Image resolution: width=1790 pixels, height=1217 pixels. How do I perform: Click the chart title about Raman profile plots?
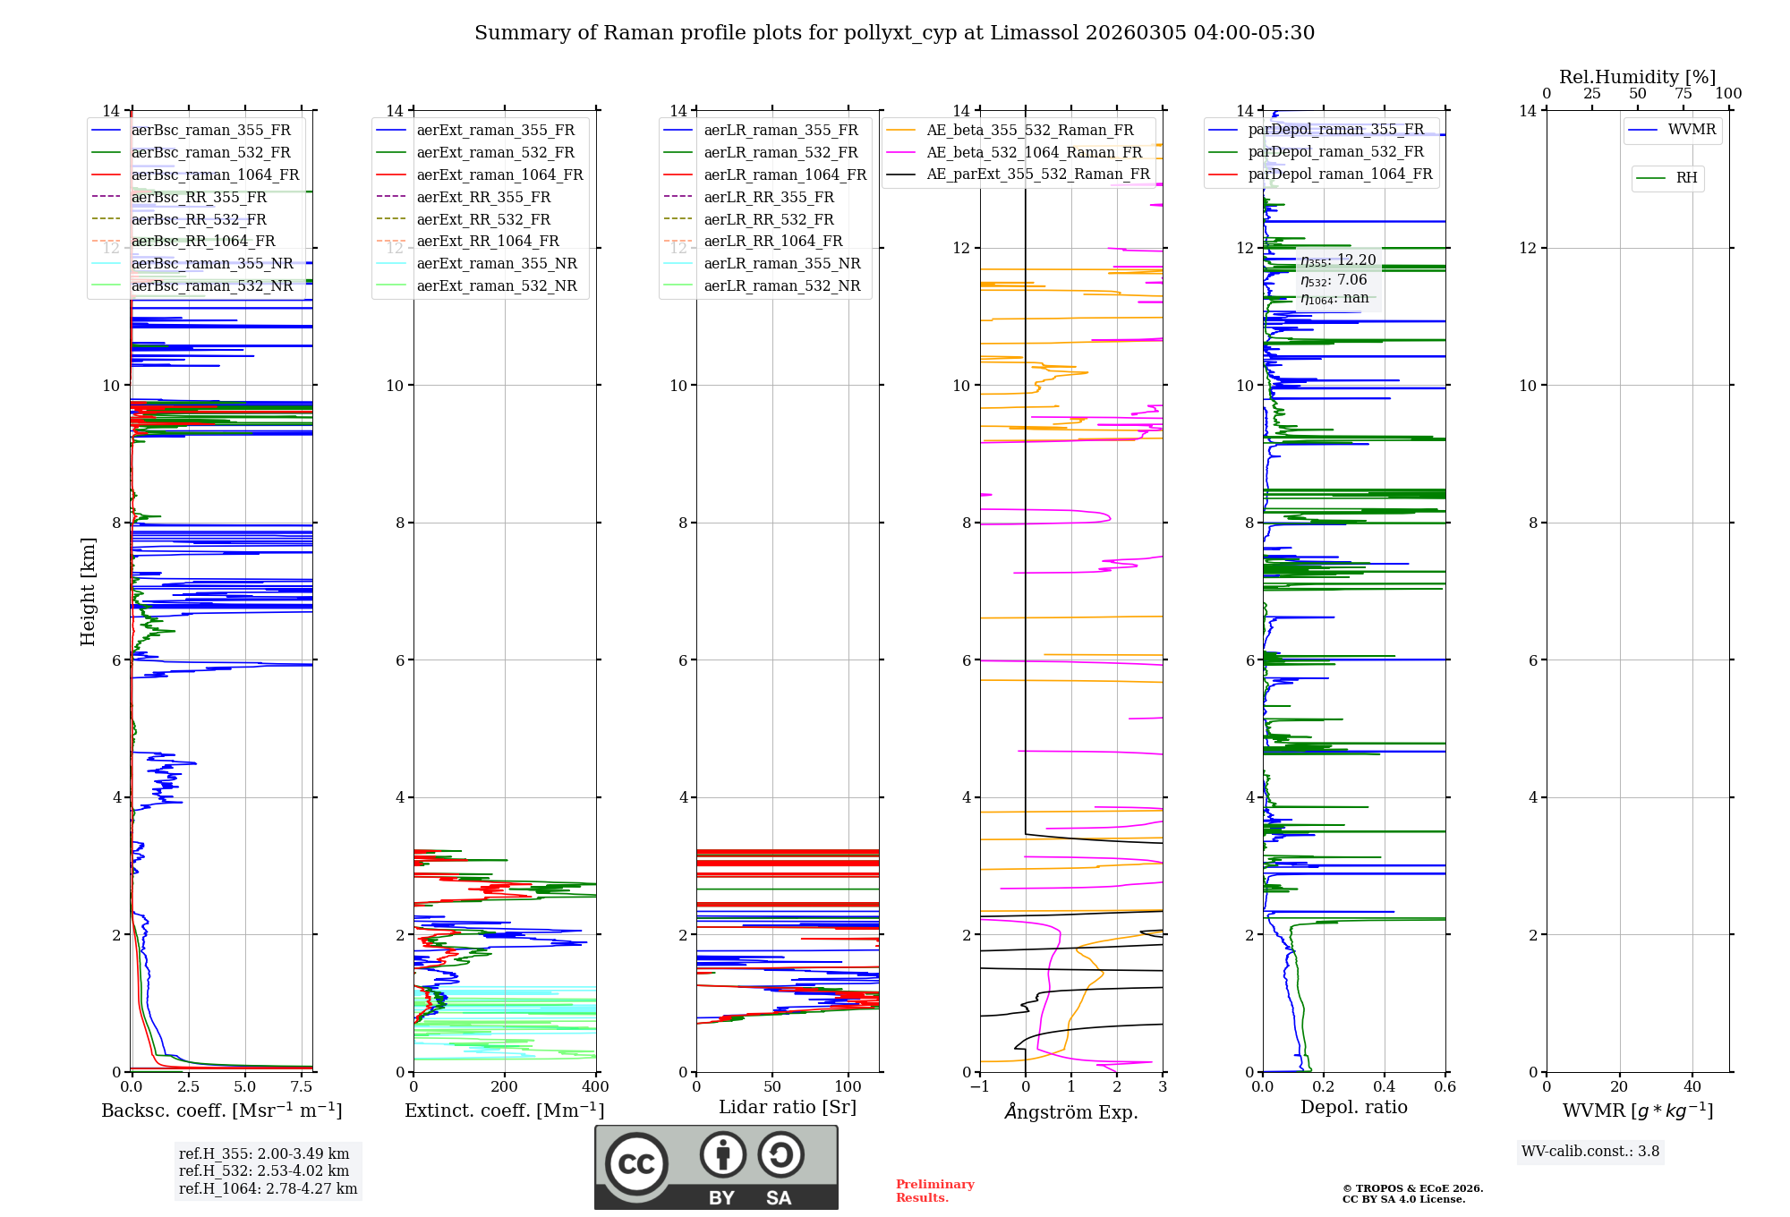point(894,33)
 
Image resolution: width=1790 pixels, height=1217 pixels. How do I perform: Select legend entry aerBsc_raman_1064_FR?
point(215,174)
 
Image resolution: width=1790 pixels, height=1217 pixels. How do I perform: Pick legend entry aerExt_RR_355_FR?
point(483,197)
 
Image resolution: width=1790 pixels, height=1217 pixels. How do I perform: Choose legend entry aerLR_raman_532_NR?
point(781,285)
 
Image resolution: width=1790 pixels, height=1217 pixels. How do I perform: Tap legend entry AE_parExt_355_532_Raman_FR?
point(1037,174)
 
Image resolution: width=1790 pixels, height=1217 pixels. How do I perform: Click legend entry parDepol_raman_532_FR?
point(1335,152)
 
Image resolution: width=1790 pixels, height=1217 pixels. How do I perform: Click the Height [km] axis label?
point(88,591)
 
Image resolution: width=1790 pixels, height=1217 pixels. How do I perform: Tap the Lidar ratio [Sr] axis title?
point(788,1107)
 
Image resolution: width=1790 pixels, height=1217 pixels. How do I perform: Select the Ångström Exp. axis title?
point(1071,1111)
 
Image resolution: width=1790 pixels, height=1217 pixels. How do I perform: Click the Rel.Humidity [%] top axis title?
point(1637,77)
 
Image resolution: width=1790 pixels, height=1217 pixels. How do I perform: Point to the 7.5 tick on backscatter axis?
point(302,1086)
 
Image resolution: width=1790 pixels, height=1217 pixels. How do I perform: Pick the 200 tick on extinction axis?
point(505,1086)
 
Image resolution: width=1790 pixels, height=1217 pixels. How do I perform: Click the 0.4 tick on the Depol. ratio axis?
point(1385,1086)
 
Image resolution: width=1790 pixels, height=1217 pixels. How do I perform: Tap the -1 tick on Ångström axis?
point(979,1086)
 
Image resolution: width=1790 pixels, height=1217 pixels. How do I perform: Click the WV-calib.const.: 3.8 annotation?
point(1590,1151)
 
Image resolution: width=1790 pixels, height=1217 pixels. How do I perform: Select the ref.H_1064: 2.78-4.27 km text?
point(268,1188)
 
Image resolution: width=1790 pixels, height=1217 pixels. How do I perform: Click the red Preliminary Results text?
point(934,1191)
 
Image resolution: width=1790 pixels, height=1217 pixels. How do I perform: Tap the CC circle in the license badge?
point(636,1164)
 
